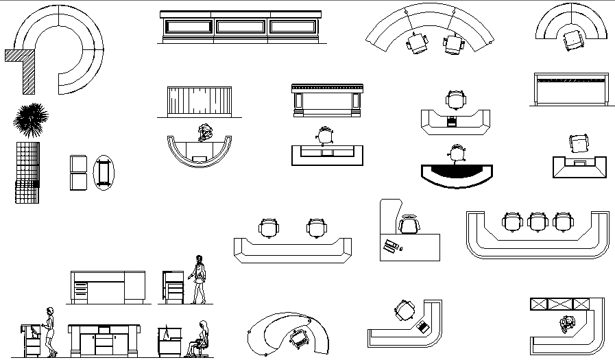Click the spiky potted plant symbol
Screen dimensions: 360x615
tap(30, 117)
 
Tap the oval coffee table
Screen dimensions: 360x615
tap(104, 172)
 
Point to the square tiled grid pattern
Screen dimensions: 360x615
tap(27, 172)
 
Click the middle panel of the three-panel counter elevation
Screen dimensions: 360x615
tap(241, 26)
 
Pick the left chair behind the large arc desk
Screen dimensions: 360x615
tap(417, 43)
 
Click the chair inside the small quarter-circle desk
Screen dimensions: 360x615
tap(571, 40)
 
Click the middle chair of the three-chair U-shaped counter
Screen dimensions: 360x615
tap(538, 221)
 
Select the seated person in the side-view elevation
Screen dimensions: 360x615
tap(200, 339)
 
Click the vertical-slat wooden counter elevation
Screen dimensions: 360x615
tap(200, 102)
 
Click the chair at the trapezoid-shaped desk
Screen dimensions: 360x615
tap(579, 143)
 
